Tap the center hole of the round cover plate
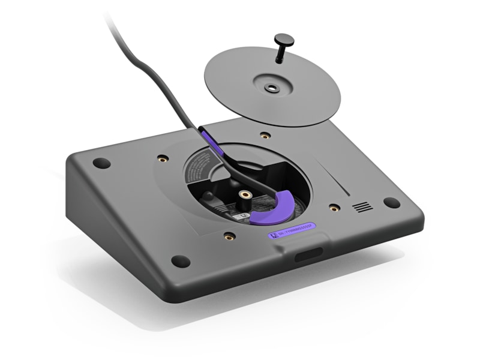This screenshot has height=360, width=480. point(272,88)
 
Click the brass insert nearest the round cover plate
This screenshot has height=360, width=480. point(265,136)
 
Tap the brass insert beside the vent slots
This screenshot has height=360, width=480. point(334,208)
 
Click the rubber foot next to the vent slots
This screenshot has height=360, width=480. point(391,203)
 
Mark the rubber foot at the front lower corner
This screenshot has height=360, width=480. point(180,262)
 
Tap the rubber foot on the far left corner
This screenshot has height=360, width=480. point(101,163)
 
